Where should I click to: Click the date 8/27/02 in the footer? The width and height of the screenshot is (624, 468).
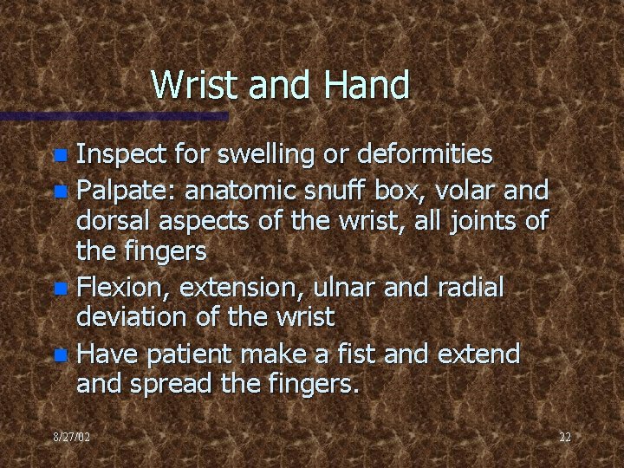coord(71,438)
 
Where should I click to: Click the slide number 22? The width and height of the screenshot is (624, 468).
coord(564,438)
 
